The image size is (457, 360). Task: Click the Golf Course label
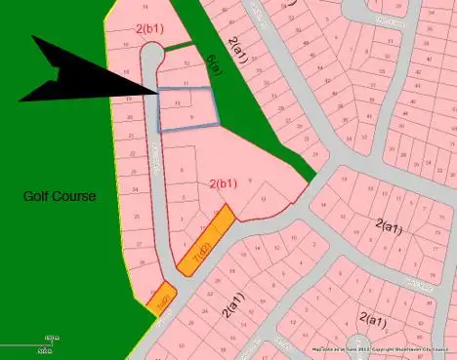[60, 196]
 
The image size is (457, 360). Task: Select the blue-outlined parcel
[187, 109]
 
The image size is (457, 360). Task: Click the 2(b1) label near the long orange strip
[224, 183]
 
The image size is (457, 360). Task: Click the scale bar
[26, 343]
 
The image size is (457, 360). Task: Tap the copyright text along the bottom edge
[381, 349]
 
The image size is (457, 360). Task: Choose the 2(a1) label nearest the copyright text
[374, 318]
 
